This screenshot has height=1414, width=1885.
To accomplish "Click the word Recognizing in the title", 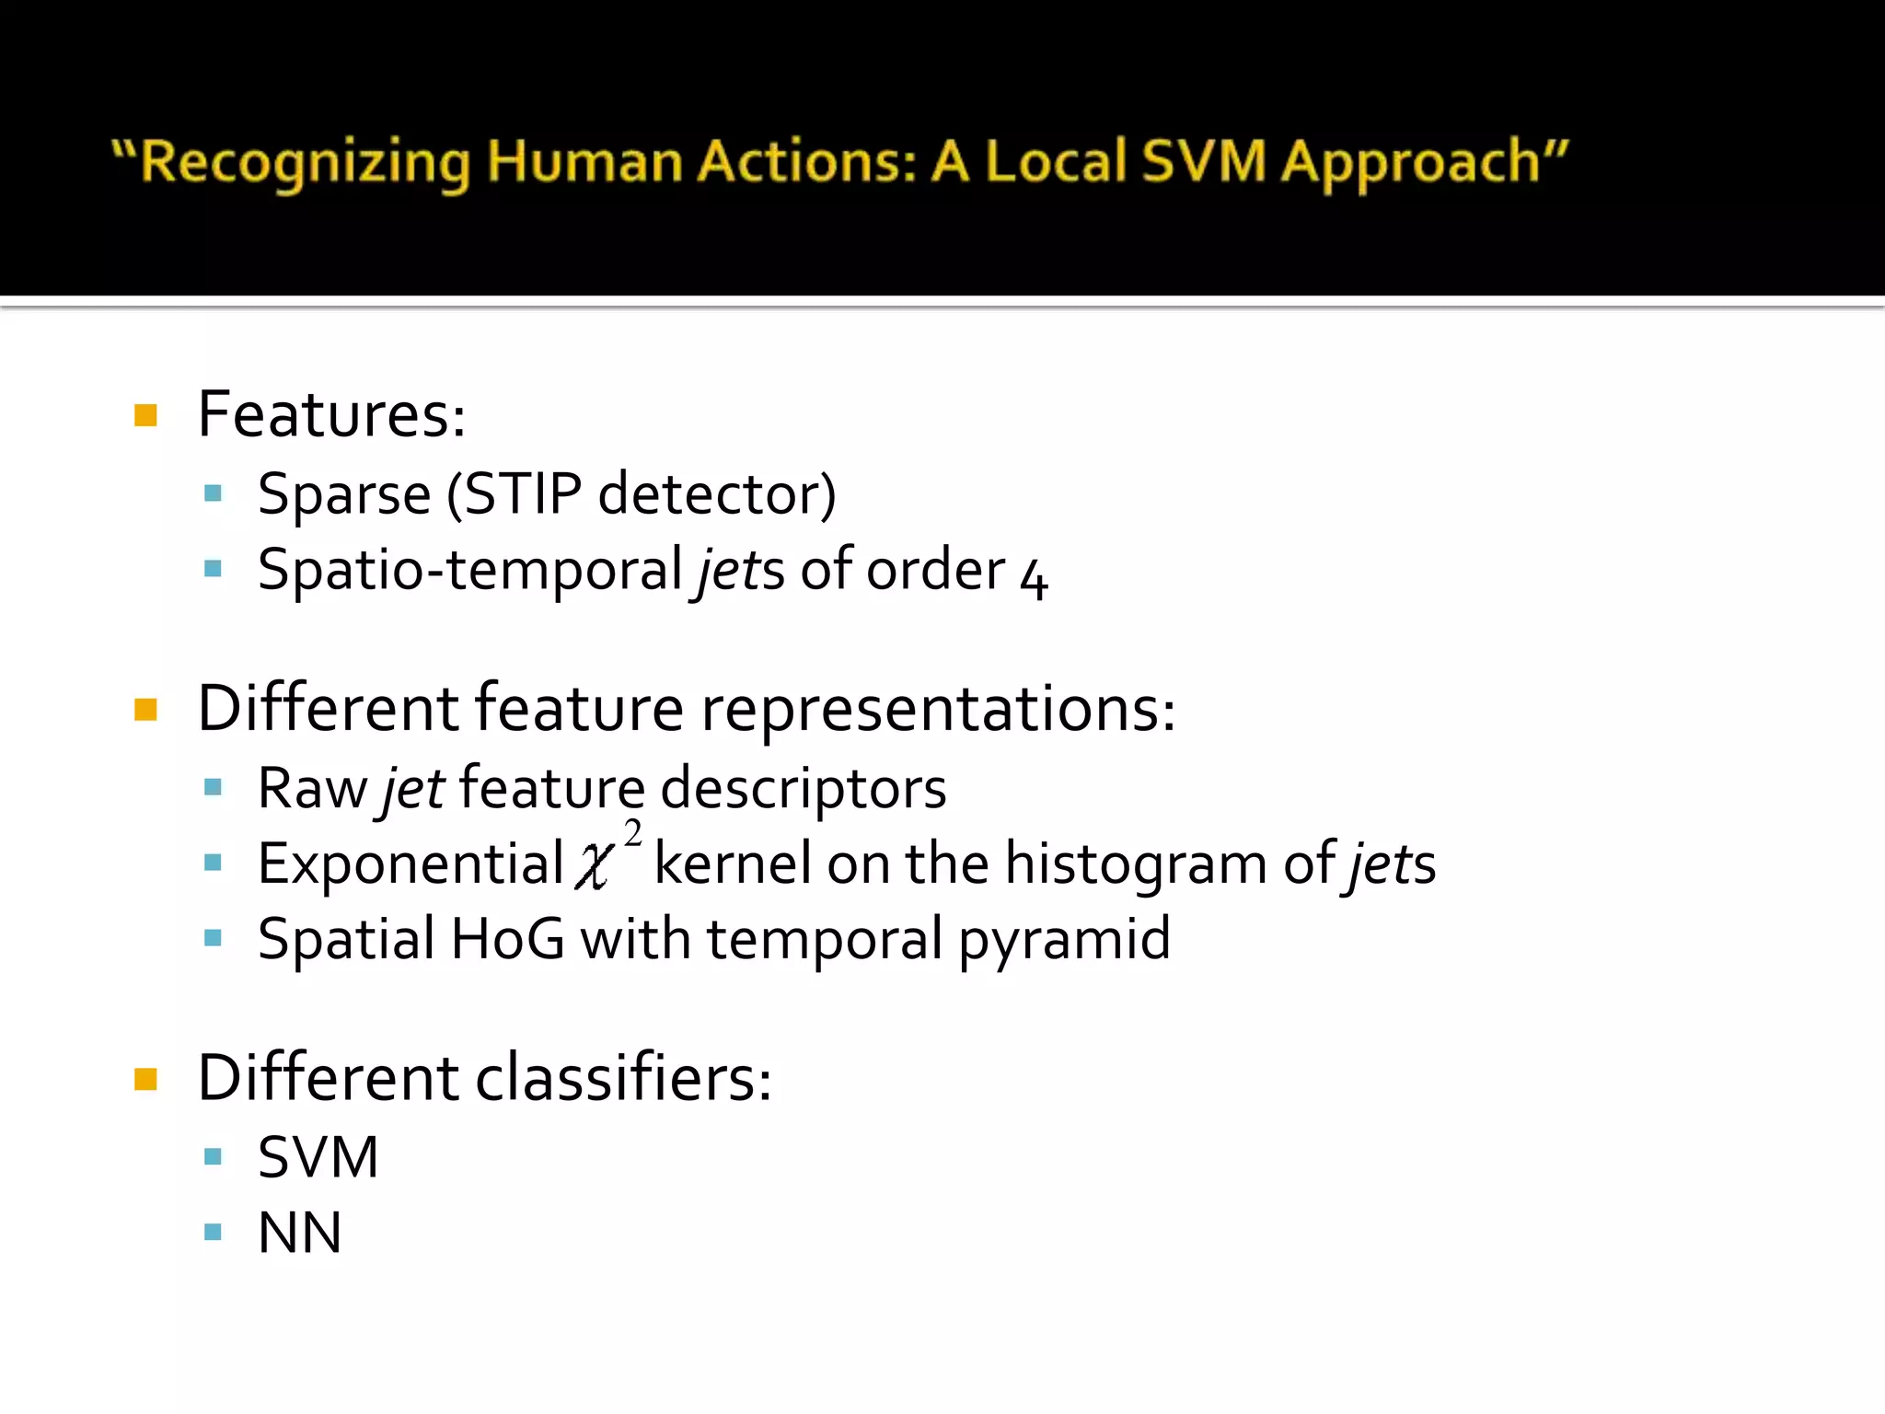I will [x=304, y=162].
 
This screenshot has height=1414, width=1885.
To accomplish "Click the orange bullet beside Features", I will [x=145, y=415].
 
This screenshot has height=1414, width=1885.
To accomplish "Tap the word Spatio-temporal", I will [x=469, y=571].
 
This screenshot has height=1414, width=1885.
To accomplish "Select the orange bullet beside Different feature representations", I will [x=145, y=710].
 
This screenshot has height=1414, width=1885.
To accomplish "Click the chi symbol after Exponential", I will [x=593, y=865].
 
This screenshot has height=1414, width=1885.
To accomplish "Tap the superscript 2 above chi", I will [x=632, y=834].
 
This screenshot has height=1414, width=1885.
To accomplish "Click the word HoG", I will [x=507, y=940].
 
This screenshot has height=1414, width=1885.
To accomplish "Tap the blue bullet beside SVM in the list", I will [x=214, y=1157].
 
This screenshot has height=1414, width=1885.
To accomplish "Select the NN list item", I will [x=300, y=1234].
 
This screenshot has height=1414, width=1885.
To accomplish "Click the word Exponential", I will [x=411, y=865].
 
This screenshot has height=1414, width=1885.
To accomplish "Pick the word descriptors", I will [x=804, y=789].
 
